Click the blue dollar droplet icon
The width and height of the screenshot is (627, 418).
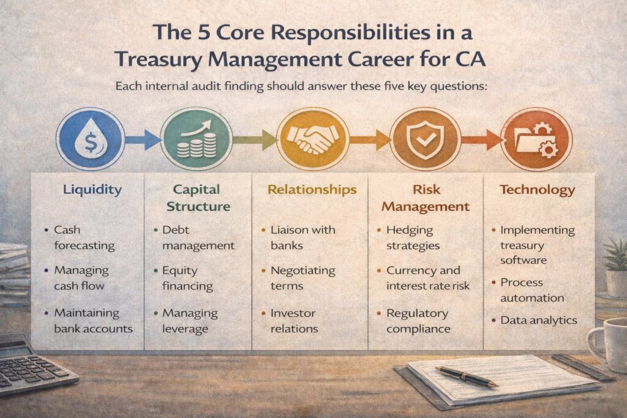tap(90, 138)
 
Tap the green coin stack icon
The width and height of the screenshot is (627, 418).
tap(196, 138)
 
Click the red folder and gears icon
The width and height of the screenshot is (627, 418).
tap(536, 138)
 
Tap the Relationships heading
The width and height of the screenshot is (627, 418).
tap(312, 190)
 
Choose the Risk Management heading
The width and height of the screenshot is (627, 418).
tap(426, 197)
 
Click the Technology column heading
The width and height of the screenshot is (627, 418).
tap(537, 190)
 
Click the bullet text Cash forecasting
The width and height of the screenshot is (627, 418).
tap(84, 237)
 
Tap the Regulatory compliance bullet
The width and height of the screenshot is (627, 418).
tap(418, 321)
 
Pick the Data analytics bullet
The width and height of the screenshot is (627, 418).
tap(538, 319)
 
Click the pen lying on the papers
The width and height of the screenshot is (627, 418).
tap(466, 376)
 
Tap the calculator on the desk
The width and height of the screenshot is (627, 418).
tap(34, 364)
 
